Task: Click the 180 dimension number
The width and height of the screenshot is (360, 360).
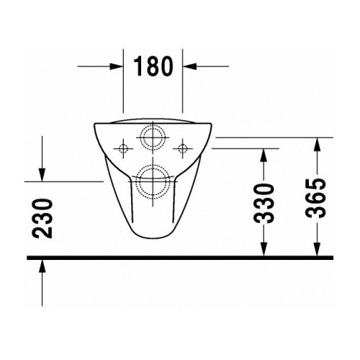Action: click(153, 66)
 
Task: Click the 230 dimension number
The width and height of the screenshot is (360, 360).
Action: click(42, 218)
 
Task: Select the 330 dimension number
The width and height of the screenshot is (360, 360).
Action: click(264, 203)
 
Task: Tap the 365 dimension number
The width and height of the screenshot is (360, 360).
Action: click(318, 198)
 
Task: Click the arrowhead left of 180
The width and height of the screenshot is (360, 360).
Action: click(117, 66)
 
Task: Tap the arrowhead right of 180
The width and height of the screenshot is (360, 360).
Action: click(189, 66)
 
